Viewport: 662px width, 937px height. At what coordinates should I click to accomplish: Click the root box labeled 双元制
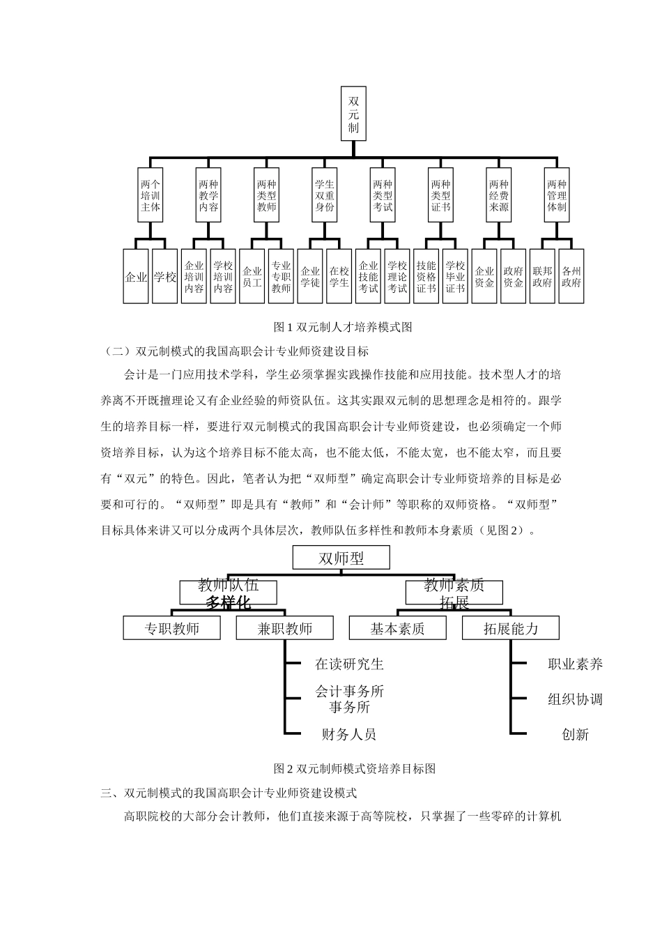tap(353, 113)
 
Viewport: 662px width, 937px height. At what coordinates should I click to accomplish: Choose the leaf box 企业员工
tap(252, 277)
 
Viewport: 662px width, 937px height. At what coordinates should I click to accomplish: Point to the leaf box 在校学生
tap(339, 277)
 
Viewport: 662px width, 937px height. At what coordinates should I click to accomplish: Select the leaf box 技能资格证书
tap(426, 277)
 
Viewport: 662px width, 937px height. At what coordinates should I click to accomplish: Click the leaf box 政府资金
tap(513, 277)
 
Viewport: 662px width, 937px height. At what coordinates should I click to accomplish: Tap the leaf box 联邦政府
tap(541, 277)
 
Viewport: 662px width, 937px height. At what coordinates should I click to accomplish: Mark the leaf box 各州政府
tap(571, 277)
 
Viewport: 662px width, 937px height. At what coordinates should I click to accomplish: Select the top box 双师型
tap(341, 558)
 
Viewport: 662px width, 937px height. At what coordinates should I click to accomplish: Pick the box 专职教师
tap(171, 628)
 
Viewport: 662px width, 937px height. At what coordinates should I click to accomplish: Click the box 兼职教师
tap(284, 628)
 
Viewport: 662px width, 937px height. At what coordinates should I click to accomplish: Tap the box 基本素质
tap(397, 628)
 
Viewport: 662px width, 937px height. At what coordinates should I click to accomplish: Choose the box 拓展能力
tap(511, 628)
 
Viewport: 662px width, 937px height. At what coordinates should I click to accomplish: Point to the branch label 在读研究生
tap(349, 664)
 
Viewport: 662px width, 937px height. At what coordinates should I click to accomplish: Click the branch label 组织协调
tap(575, 699)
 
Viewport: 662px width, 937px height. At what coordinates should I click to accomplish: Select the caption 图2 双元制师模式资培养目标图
tap(355, 769)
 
